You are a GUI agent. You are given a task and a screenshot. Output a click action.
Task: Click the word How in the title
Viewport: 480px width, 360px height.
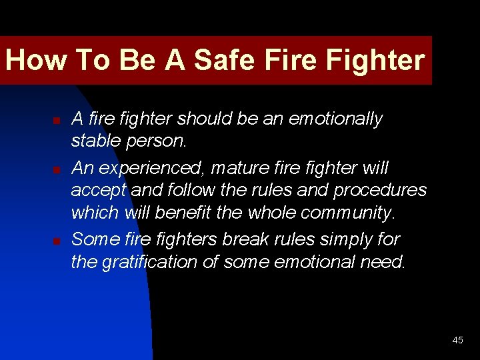click(x=35, y=60)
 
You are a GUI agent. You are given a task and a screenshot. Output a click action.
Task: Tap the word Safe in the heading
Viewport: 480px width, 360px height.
click(x=224, y=60)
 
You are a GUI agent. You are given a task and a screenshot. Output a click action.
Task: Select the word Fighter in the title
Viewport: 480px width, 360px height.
click(x=375, y=60)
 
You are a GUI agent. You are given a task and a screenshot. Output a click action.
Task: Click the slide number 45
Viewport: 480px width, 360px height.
click(x=457, y=340)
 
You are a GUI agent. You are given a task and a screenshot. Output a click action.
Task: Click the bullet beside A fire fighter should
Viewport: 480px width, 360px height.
click(x=57, y=121)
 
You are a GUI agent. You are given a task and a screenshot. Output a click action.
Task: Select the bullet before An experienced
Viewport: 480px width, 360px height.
click(x=57, y=169)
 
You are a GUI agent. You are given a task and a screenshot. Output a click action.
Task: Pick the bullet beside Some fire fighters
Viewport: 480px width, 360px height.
click(x=57, y=240)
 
